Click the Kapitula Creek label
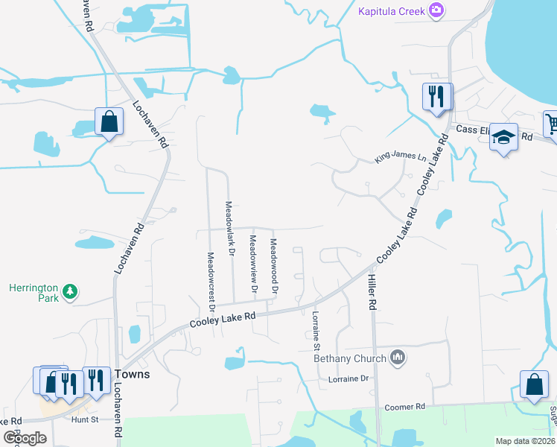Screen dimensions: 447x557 (x=391, y=10)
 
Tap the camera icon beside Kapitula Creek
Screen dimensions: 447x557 (x=436, y=10)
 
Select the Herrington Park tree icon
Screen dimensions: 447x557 (x=70, y=291)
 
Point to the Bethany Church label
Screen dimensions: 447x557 (x=350, y=358)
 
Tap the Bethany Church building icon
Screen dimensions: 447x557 (x=398, y=358)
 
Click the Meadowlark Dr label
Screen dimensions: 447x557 (x=231, y=229)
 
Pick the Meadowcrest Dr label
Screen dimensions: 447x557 (x=211, y=281)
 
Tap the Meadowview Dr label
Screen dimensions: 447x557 (x=253, y=263)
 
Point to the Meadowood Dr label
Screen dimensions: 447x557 (x=274, y=264)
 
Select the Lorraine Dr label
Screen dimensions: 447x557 (x=348, y=378)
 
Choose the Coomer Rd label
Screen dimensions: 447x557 (x=404, y=408)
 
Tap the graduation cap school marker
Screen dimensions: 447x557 (x=504, y=138)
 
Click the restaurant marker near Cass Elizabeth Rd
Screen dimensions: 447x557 (x=436, y=96)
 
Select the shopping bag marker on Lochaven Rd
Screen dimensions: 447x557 (x=109, y=121)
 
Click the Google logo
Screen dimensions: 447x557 (x=25, y=437)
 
